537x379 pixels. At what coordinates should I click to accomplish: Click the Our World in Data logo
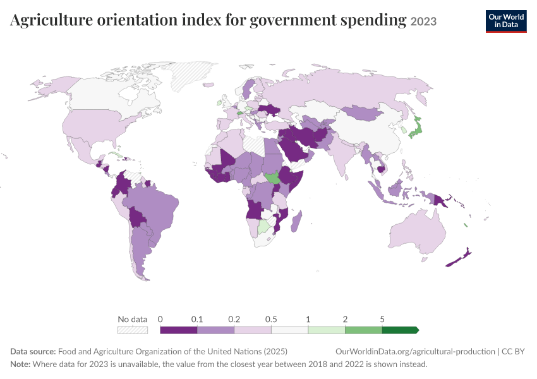[506, 21]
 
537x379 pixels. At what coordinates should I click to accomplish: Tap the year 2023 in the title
[423, 21]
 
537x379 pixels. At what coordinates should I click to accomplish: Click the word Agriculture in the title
[51, 20]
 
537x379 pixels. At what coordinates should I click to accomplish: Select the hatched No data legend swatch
[133, 330]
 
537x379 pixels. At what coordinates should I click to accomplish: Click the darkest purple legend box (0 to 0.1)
[179, 330]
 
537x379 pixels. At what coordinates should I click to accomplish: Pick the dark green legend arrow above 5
[401, 330]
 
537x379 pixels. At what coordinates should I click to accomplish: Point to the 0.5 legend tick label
[271, 320]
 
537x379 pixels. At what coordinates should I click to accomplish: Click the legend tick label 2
[345, 320]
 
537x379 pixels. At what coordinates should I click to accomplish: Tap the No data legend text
[133, 320]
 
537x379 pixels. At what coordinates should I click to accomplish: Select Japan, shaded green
[416, 128]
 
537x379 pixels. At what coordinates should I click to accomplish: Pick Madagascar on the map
[296, 221]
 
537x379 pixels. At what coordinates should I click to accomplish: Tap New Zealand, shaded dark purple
[459, 258]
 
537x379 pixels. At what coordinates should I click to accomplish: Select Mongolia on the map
[363, 112]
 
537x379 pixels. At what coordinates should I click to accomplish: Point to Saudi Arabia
[295, 150]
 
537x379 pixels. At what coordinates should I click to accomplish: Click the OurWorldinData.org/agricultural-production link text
[415, 352]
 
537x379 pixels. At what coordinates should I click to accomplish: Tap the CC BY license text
[513, 352]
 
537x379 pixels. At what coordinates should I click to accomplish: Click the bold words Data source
[33, 352]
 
